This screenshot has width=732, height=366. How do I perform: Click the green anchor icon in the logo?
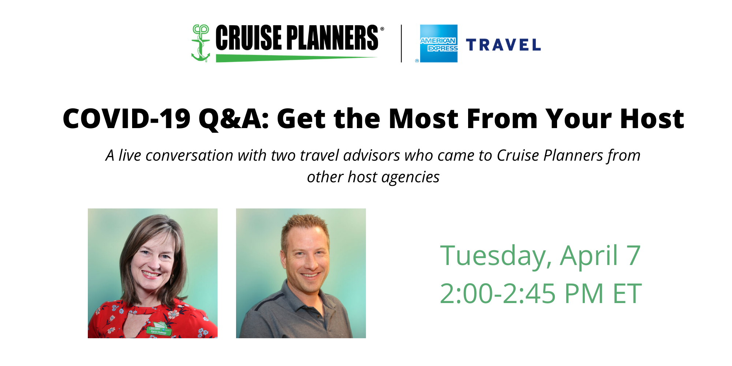tap(201, 43)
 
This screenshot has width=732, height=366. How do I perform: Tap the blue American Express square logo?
tap(438, 44)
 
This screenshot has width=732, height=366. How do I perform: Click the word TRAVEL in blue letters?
tap(503, 45)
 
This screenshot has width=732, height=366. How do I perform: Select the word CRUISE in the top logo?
tap(249, 37)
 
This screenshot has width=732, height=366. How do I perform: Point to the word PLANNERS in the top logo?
tap(333, 37)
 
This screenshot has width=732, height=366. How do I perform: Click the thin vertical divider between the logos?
tap(402, 44)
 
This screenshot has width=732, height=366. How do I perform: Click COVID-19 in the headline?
tap(127, 119)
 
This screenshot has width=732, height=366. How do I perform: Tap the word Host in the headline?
tap(652, 119)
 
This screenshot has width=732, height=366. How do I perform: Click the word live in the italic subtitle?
tap(130, 155)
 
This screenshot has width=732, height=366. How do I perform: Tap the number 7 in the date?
tap(633, 255)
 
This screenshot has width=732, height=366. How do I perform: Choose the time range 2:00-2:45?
tap(498, 294)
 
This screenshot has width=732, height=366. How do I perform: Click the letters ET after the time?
tap(627, 294)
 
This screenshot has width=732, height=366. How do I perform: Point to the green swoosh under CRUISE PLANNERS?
tap(296, 58)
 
